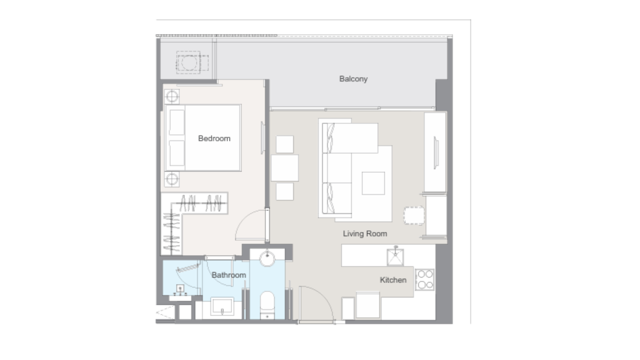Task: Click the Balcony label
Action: point(353,79)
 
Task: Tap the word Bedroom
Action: point(214,138)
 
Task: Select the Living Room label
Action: point(365,234)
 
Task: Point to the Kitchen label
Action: point(393,280)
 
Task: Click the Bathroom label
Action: point(228,275)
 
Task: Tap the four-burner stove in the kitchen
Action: point(424,280)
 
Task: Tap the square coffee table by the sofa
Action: point(373,183)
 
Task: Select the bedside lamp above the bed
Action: point(172,96)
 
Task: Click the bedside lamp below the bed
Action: point(172,180)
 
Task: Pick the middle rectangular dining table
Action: point(284,168)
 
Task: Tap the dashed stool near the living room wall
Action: point(414,216)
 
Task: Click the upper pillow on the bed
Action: point(177,122)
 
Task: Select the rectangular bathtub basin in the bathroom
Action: point(222,306)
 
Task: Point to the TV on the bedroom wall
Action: point(262,138)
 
